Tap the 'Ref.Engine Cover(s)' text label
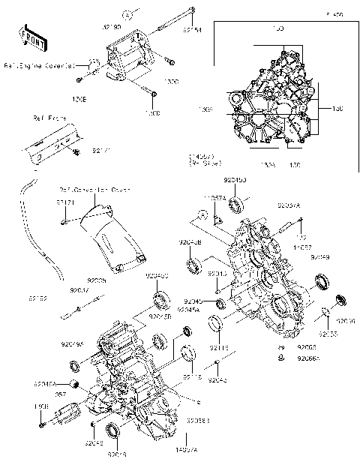click(37, 65)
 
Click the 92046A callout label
click(46, 383)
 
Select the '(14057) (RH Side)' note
click(204, 158)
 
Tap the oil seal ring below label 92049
click(322, 282)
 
